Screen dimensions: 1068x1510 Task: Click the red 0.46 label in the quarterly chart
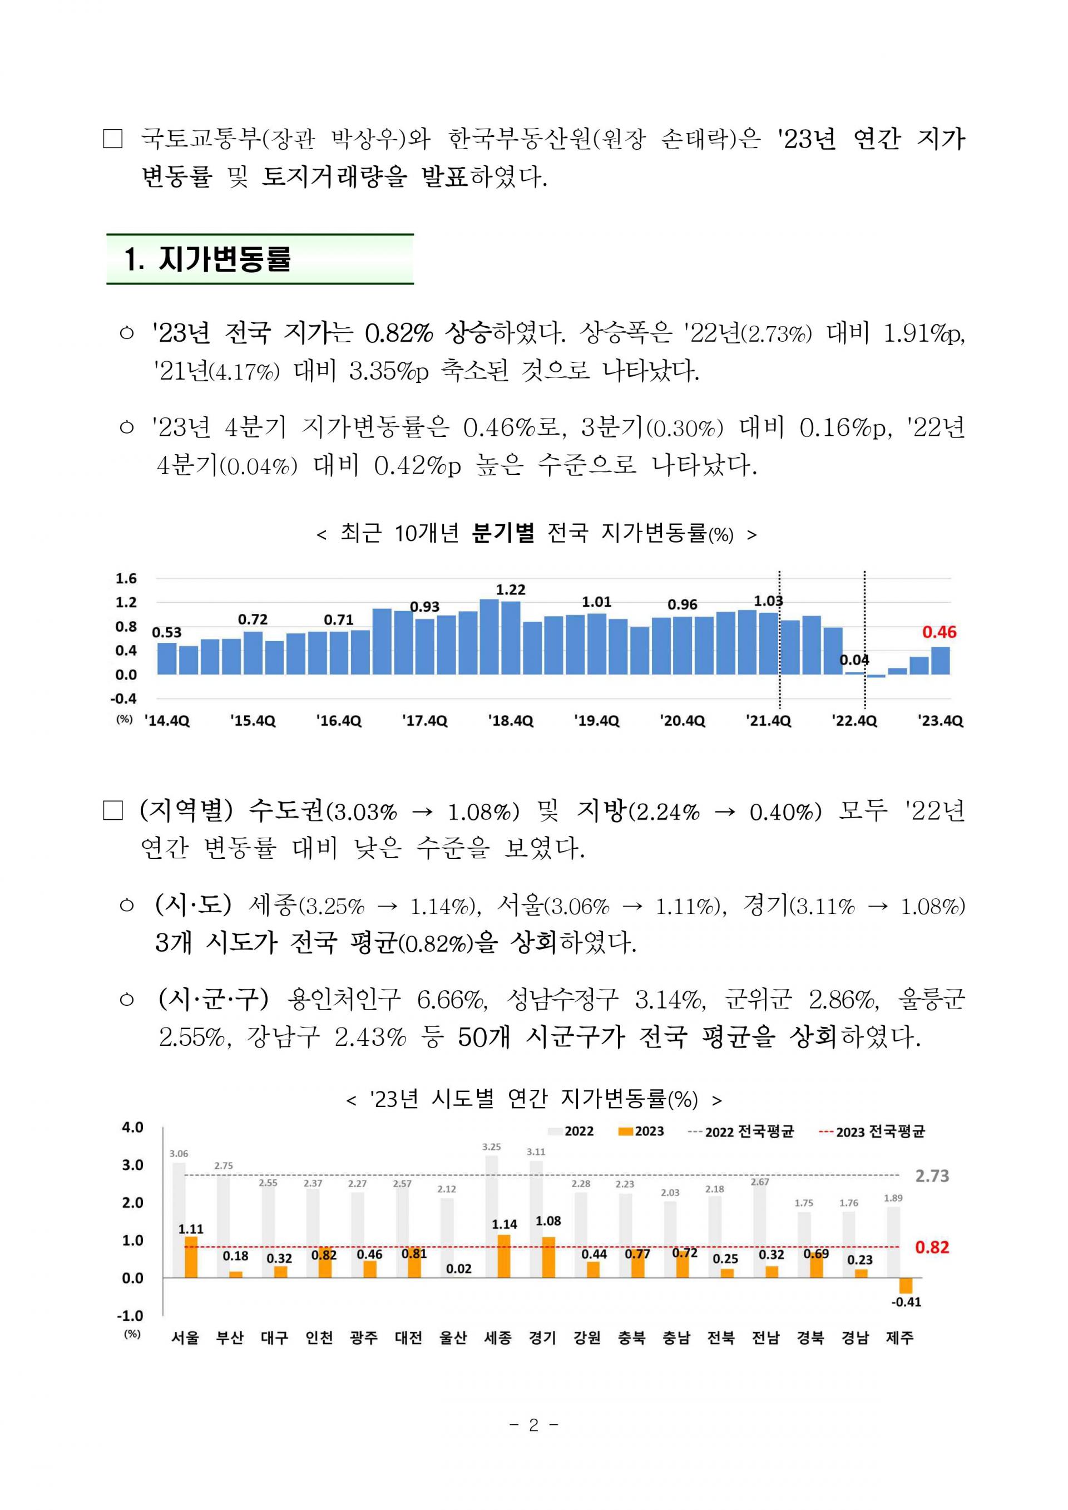939,632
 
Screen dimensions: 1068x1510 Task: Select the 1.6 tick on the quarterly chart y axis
126,578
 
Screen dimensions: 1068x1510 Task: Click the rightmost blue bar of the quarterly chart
941,661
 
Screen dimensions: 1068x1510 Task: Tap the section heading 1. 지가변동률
208,259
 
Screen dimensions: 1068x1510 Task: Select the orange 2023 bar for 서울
191,1257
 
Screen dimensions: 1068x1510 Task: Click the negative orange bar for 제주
906,1286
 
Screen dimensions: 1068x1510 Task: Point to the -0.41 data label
906,1302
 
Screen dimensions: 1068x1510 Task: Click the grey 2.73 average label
932,1175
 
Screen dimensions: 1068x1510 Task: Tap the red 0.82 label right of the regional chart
932,1247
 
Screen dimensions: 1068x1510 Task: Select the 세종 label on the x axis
498,1337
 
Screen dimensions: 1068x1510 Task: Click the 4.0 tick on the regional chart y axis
132,1127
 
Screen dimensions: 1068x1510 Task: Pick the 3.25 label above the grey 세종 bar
491,1147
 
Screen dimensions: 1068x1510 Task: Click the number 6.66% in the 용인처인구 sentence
452,1000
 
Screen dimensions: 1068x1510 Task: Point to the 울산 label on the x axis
453,1337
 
